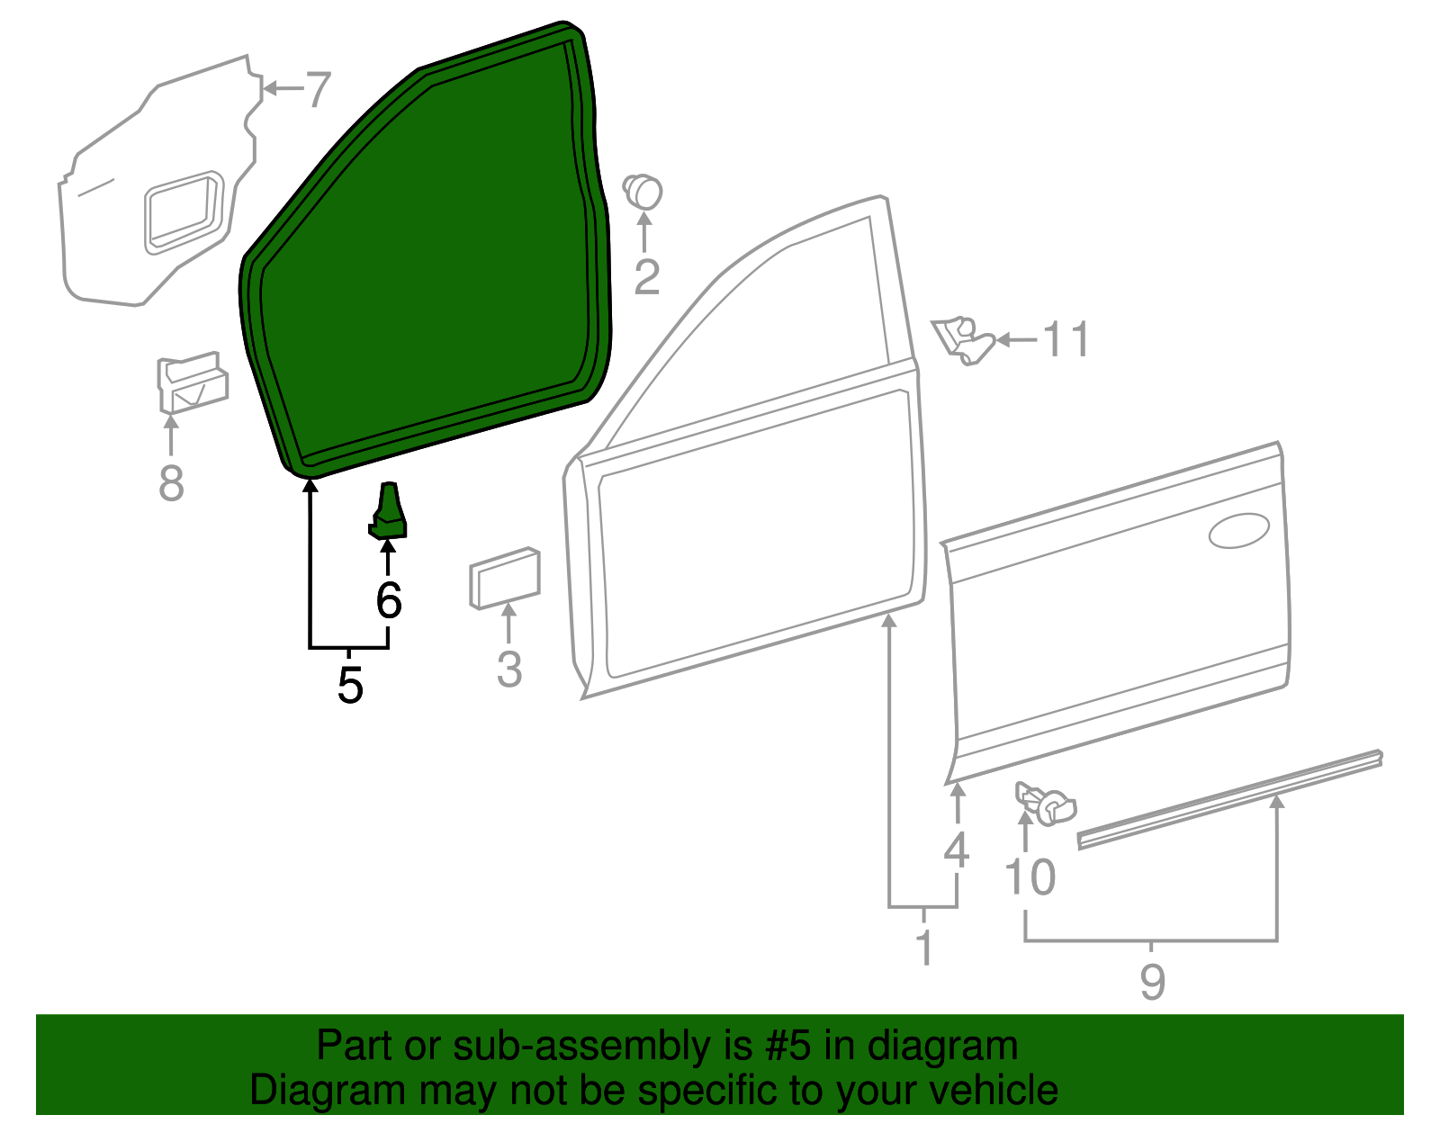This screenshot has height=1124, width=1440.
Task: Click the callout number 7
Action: pyautogui.click(x=318, y=90)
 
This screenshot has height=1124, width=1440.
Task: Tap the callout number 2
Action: pyautogui.click(x=646, y=277)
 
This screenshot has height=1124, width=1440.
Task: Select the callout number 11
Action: pyautogui.click(x=1066, y=340)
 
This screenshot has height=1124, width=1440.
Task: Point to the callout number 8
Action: pyautogui.click(x=171, y=483)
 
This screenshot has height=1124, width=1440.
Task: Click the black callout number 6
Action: pyautogui.click(x=389, y=600)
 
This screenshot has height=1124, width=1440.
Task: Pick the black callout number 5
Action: pyautogui.click(x=350, y=686)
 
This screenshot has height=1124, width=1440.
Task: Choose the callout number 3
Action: pyautogui.click(x=509, y=670)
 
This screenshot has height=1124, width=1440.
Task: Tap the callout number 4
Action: pyautogui.click(x=956, y=850)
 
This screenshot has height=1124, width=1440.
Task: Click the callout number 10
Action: pyautogui.click(x=1030, y=877)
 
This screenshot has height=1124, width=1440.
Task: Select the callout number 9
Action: pyautogui.click(x=1152, y=981)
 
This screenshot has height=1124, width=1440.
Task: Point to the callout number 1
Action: pyautogui.click(x=924, y=948)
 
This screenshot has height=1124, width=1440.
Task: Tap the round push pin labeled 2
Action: pyautogui.click(x=643, y=191)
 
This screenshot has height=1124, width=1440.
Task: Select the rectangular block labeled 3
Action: pyautogui.click(x=504, y=577)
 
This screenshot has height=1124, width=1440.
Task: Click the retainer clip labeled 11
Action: pyautogui.click(x=963, y=340)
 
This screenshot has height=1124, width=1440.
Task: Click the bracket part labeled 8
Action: pyautogui.click(x=191, y=382)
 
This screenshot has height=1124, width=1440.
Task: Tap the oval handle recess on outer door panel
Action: pyautogui.click(x=1238, y=531)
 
